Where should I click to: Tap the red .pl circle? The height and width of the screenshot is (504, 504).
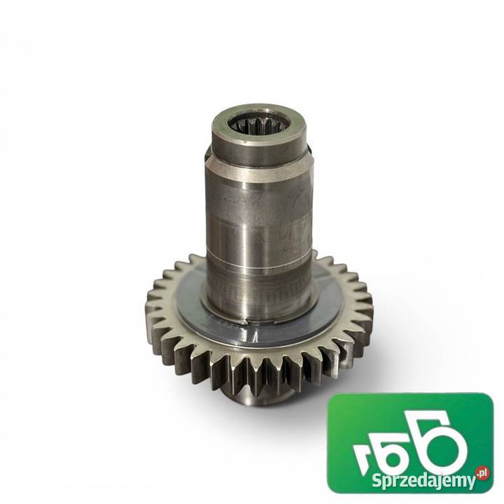tap(482, 473)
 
